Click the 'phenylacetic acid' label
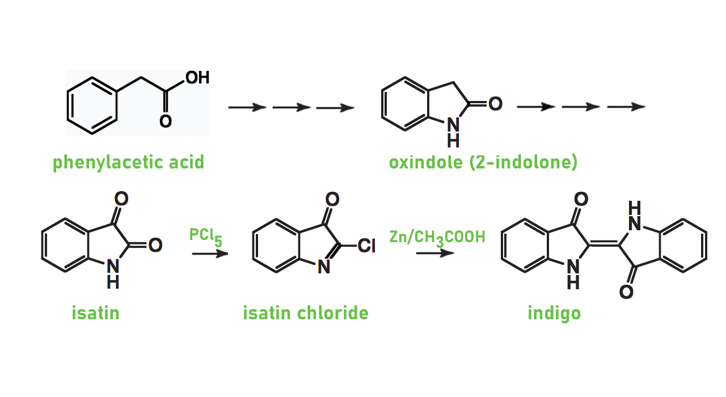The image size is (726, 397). tap(128, 163)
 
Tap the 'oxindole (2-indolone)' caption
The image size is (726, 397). tap(483, 163)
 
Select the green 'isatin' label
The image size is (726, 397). tap(95, 312)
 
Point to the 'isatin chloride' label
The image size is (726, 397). tap(306, 312)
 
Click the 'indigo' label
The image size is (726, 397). tap(554, 313)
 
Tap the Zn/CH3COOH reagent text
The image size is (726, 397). tap(437, 236)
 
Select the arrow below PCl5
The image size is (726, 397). tap(209, 254)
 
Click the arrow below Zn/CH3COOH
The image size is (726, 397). tap(435, 252)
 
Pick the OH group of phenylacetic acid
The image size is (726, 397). tap(197, 78)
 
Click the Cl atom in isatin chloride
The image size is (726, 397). tap(366, 246)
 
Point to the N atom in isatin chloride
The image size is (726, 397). tap(324, 267)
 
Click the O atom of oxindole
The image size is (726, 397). tap(495, 104)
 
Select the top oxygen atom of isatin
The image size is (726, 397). tap(121, 199)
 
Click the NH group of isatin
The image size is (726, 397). tap(113, 273)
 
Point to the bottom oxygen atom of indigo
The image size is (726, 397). tap(626, 292)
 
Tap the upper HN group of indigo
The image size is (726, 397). tap(635, 217)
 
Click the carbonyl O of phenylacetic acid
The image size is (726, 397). tap(166, 121)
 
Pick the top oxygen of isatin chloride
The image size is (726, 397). tap(332, 199)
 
